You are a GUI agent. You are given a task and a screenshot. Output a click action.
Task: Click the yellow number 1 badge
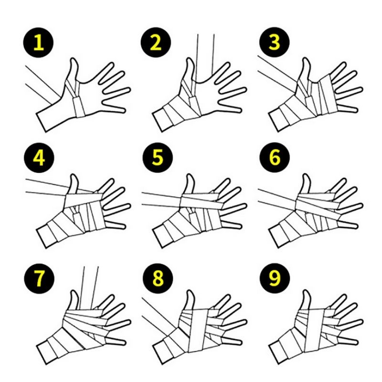point(38,42)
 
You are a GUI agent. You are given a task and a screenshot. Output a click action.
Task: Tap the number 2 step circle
point(156,42)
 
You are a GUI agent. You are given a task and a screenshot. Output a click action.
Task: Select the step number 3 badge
point(274,42)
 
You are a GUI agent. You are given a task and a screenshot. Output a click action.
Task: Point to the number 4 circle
point(39,158)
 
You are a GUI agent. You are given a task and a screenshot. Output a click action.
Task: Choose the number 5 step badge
point(158,158)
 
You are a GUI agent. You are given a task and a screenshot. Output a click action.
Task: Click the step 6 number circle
point(275,158)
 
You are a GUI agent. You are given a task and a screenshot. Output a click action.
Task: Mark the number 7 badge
point(39,278)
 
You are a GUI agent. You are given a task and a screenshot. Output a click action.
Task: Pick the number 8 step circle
point(158,278)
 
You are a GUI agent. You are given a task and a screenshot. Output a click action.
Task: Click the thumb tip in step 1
point(74,59)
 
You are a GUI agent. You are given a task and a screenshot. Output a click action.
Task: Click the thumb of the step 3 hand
point(306,70)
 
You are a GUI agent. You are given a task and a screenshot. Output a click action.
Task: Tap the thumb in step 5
point(190,184)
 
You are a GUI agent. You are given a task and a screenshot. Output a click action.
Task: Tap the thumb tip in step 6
point(306,175)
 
